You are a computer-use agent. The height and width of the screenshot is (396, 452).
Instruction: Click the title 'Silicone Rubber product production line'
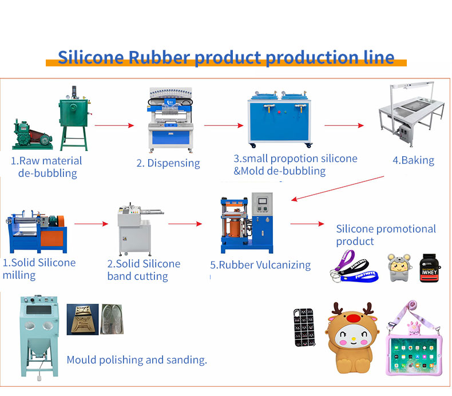click(x=226, y=58)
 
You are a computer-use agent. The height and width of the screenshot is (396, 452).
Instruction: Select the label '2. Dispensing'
click(x=168, y=163)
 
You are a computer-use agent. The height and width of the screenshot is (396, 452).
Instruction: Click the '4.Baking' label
click(x=413, y=160)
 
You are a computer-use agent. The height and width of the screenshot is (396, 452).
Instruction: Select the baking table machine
click(x=411, y=114)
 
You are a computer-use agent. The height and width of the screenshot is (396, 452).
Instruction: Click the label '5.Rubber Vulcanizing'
click(x=260, y=265)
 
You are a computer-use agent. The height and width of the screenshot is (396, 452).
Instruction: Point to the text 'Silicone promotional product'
click(x=386, y=235)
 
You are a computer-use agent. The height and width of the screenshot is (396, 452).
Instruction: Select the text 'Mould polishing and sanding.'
click(x=137, y=360)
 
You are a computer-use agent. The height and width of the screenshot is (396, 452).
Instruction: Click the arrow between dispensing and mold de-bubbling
click(x=220, y=124)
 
